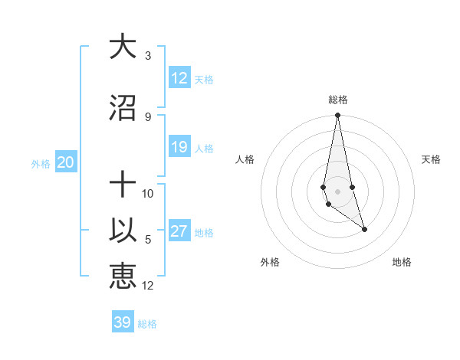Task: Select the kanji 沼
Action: [123, 108]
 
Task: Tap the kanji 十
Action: [123, 186]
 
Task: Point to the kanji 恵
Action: [123, 277]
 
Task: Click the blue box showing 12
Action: [179, 78]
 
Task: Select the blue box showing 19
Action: [179, 147]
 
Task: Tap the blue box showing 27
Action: [179, 232]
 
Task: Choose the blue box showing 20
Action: [66, 162]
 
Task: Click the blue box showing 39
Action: [123, 322]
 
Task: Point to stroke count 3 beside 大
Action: [148, 56]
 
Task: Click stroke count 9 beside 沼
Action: [148, 117]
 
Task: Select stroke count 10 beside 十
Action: [148, 194]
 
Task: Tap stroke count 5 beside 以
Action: [148, 240]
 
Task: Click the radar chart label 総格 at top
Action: [338, 100]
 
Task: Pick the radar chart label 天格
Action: [432, 159]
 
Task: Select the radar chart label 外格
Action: [270, 262]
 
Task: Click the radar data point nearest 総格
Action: [337, 116]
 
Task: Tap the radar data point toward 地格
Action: [364, 229]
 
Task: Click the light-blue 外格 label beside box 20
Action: [41, 163]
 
